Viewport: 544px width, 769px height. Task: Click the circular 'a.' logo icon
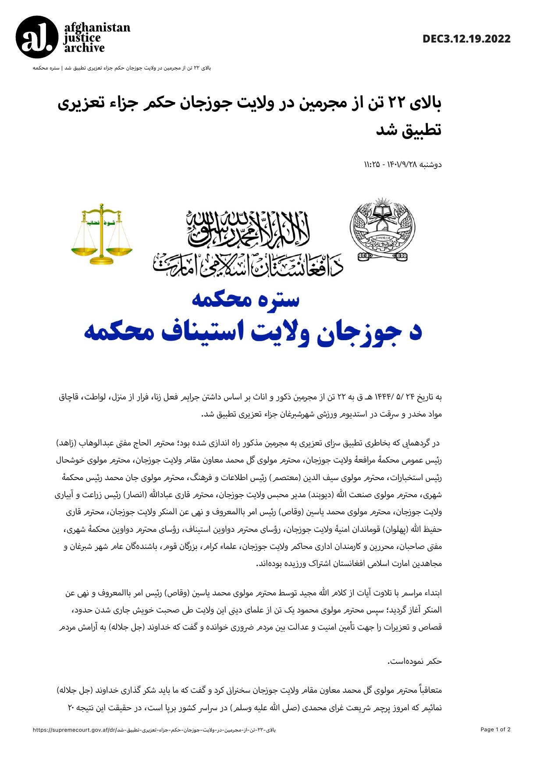tap(37, 37)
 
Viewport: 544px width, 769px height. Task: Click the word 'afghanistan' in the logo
tap(97, 28)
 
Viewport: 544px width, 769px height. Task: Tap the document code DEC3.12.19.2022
tap(466, 39)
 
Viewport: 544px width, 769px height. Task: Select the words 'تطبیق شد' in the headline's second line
tap(409, 130)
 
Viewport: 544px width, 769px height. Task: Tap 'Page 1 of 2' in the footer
tap(495, 730)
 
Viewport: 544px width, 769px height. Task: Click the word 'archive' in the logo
tap(85, 48)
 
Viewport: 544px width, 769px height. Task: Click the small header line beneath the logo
tap(122, 68)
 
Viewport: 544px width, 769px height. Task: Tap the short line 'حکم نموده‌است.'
tap(415, 661)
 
